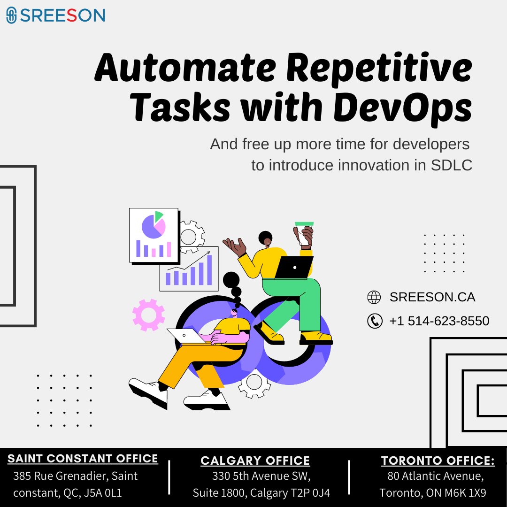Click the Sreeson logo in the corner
(55, 15)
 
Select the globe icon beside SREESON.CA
(374, 297)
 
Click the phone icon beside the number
(374, 321)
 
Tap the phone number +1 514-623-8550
(439, 321)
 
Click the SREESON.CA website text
(432, 297)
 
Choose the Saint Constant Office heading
(83, 459)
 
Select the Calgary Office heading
(255, 461)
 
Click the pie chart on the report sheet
(154, 225)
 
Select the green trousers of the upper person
(300, 300)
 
